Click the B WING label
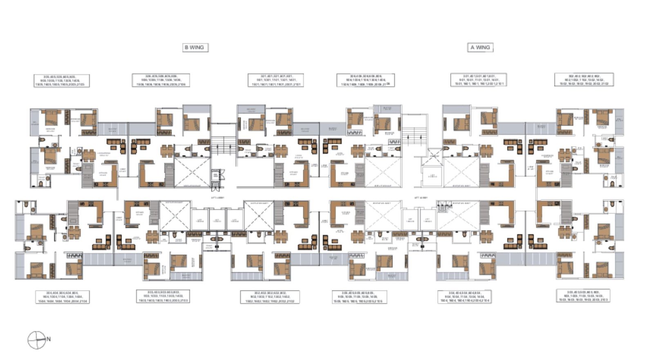point(195,47)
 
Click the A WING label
point(480,47)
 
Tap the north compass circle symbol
point(36,340)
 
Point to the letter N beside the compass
point(49,339)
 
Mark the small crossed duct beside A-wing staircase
point(434,155)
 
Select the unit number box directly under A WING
point(478,80)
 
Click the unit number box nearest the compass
point(63,297)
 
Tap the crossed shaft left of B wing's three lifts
point(175,216)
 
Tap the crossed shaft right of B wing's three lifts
point(258,216)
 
